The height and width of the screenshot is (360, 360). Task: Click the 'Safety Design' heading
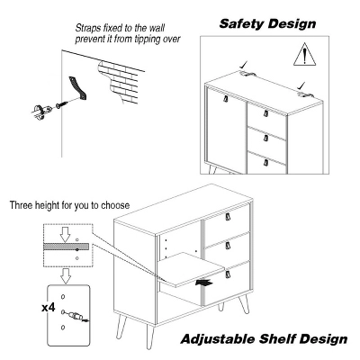(x=267, y=23)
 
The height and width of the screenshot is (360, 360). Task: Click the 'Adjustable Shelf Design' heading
(x=264, y=339)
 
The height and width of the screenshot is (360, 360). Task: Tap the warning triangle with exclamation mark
(x=305, y=54)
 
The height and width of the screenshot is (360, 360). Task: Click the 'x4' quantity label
(x=49, y=307)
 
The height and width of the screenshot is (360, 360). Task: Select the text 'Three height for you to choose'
(x=69, y=205)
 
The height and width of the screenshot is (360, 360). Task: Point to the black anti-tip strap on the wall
(x=78, y=88)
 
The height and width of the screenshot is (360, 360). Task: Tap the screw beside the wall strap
(x=61, y=105)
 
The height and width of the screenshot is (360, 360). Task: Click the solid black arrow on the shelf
(x=204, y=283)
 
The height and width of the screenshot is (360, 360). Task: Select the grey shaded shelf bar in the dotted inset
(x=67, y=247)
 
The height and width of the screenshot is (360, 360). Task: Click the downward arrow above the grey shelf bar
(x=66, y=235)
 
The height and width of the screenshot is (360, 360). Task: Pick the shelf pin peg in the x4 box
(x=75, y=316)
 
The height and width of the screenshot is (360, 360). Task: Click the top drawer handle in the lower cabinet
(x=228, y=217)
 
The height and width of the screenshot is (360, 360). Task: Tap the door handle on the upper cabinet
(x=225, y=99)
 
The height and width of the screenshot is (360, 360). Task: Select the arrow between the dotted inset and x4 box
(x=66, y=276)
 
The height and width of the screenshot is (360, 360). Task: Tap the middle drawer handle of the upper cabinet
(x=265, y=138)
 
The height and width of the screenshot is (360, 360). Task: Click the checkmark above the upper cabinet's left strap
(x=244, y=65)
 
